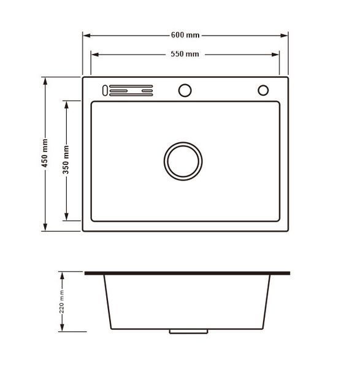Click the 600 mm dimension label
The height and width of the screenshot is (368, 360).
pos(185,35)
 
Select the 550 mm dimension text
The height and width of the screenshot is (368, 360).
pos(185,54)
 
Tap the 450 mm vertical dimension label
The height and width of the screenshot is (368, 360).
pos(45,153)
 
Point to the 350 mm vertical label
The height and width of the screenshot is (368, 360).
pos(66,159)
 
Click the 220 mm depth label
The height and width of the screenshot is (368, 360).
pos(61,302)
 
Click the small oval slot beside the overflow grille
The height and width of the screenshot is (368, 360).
pos(105,90)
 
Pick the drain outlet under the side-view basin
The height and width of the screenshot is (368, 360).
pos(188,331)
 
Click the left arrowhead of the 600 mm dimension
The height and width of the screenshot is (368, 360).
pos(87,36)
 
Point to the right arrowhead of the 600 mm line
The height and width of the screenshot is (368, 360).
pos(284,36)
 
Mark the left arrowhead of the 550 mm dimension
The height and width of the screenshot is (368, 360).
pos(95,55)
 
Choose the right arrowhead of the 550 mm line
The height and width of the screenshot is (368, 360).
pos(275,55)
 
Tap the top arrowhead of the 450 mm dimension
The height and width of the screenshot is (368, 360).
pos(45,82)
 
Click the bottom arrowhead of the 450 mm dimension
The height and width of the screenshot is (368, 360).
pos(45,227)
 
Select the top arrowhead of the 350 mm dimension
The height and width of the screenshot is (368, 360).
pos(66,105)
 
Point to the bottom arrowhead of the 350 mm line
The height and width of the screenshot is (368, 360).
pos(66,217)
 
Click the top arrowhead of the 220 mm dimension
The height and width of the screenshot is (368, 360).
pos(62,276)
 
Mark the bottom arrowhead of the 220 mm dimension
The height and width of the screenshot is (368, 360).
pos(62,328)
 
